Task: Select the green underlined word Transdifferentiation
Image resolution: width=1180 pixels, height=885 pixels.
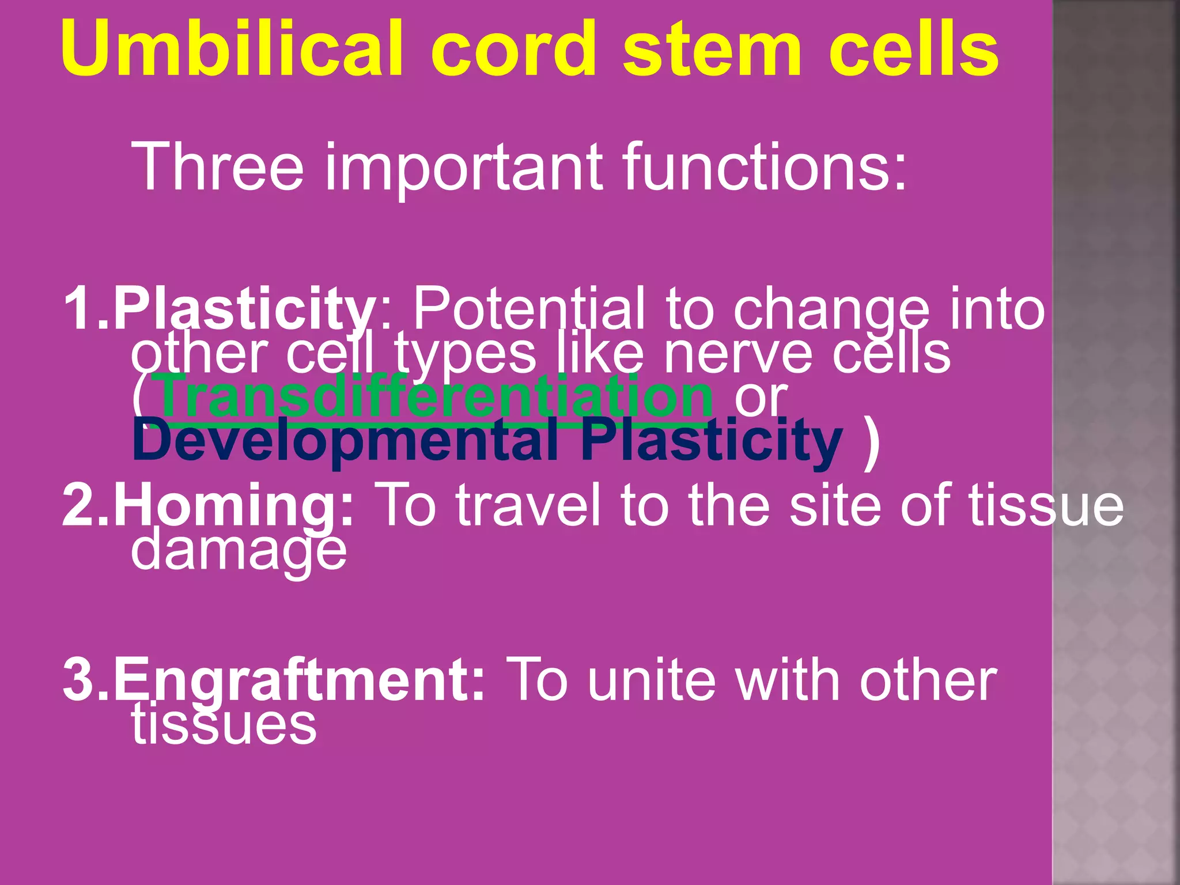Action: point(435,396)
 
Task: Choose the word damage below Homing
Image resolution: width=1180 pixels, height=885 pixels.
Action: point(239,551)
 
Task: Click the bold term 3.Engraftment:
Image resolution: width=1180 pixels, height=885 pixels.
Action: point(274,680)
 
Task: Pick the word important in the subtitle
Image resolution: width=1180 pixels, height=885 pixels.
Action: point(464,167)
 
